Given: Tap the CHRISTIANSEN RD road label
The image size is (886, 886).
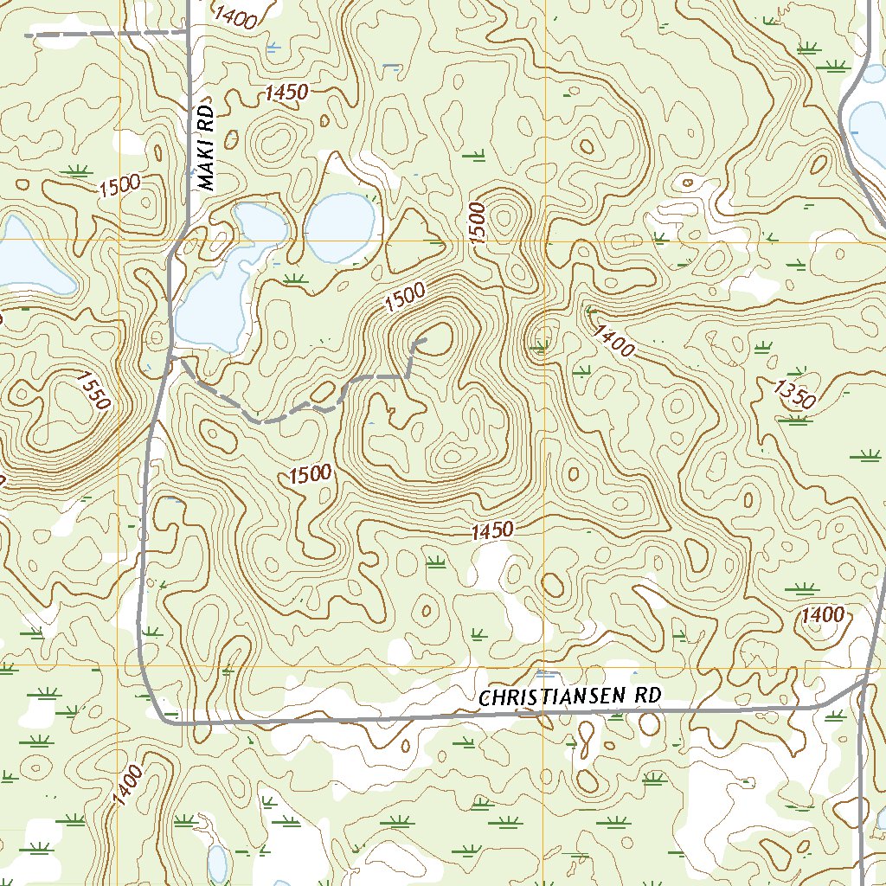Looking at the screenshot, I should pyautogui.click(x=570, y=697).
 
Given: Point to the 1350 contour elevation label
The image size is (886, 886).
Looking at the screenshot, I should pyautogui.click(x=794, y=393).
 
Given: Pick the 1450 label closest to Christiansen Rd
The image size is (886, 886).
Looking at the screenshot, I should pyautogui.click(x=492, y=531).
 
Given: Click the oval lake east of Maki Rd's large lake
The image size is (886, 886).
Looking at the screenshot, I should pyautogui.click(x=339, y=228).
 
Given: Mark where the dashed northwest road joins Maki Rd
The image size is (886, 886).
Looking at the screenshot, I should pyautogui.click(x=189, y=33).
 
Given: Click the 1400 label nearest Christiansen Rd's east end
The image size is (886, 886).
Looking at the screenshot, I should pyautogui.click(x=822, y=615).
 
